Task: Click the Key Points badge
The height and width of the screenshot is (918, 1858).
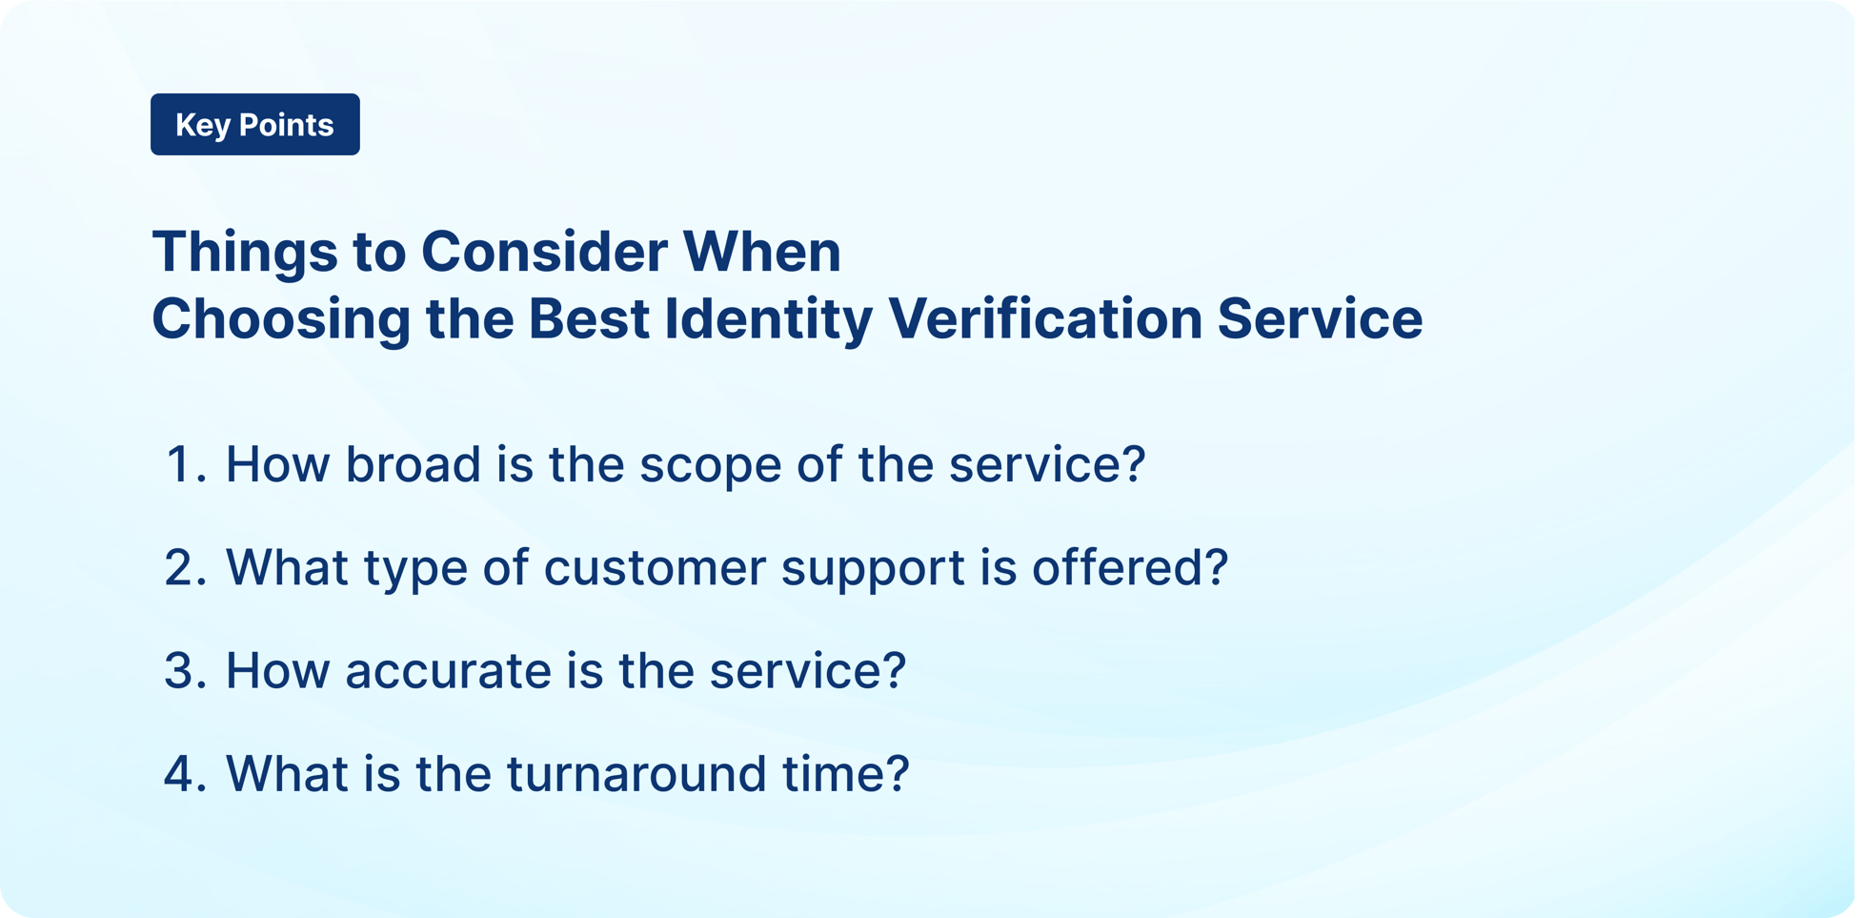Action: click(x=254, y=124)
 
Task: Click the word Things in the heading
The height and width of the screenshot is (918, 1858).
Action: click(x=245, y=252)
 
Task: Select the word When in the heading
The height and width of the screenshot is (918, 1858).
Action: click(x=761, y=252)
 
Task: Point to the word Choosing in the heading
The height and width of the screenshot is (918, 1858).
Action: click(x=281, y=318)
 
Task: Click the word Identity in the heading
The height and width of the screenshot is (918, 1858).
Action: click(x=768, y=318)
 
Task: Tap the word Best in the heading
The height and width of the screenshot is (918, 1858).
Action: click(x=588, y=318)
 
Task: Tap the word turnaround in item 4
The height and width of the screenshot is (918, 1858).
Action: click(x=636, y=773)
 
